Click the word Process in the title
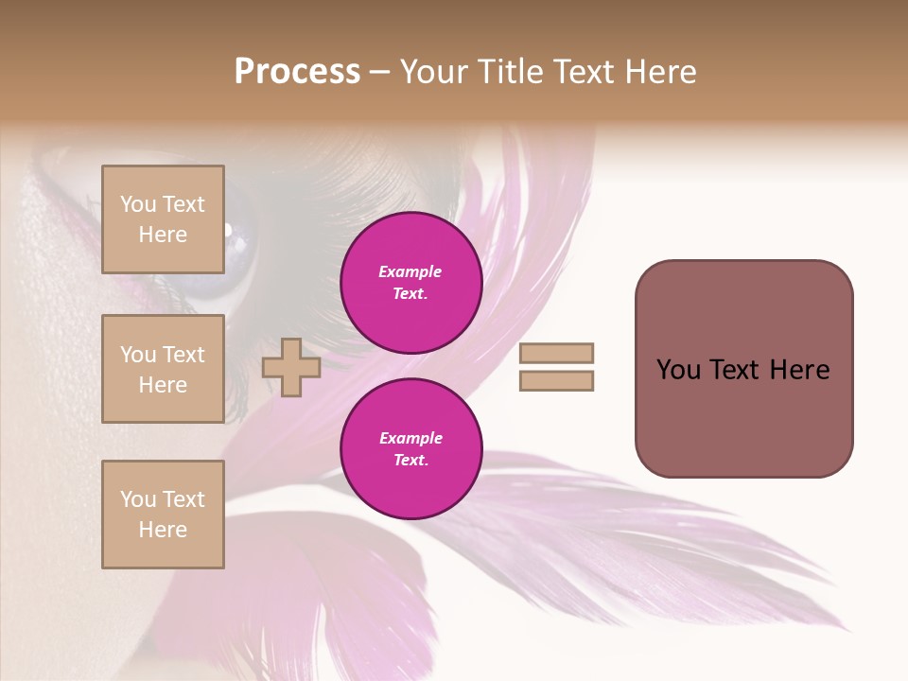pos(297,72)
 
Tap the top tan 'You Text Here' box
pos(163,219)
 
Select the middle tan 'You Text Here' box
pos(163,369)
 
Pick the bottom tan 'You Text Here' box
pos(163,515)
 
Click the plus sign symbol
pos(291,367)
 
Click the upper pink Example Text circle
pos(410,283)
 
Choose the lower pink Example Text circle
pos(410,449)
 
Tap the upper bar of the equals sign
pos(556,354)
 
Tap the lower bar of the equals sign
pos(556,380)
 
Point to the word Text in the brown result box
pos(735,370)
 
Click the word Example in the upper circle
pos(410,271)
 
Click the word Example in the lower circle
pos(410,438)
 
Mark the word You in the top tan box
pos(137,204)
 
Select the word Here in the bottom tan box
pos(163,530)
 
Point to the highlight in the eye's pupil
pos(228,228)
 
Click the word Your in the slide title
pos(434,72)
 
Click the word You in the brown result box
pos(678,370)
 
